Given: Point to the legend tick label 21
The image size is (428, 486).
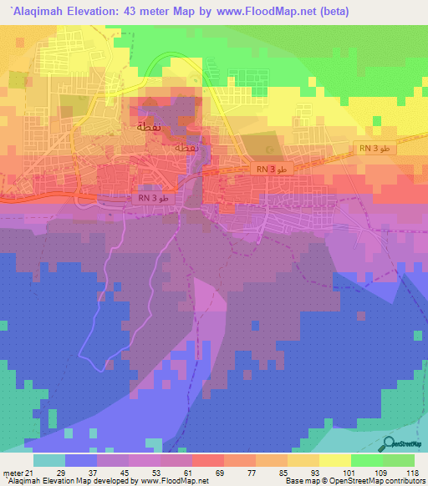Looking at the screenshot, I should [x=34, y=473].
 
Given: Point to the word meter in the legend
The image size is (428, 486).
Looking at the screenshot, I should [x=13, y=473].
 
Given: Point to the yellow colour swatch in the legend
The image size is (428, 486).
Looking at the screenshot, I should [x=335, y=460].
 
